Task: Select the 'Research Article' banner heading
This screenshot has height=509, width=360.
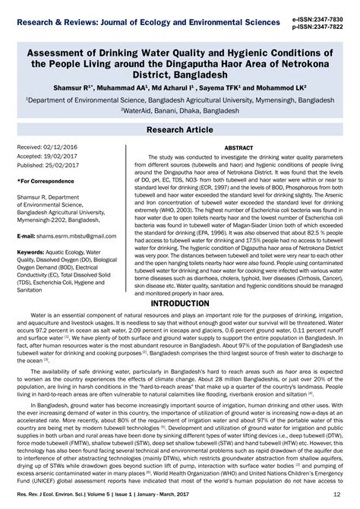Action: [180, 130]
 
